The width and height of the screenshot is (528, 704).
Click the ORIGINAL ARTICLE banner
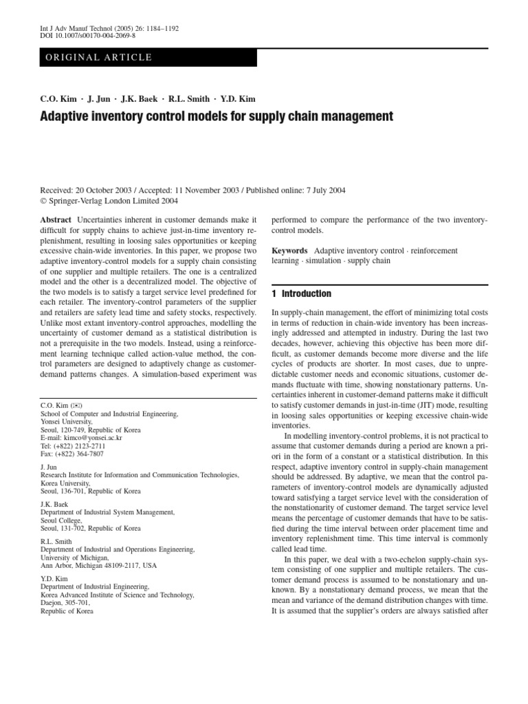(98, 57)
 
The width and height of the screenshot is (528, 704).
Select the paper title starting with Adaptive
(217, 116)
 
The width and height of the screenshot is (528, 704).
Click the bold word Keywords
(289, 251)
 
